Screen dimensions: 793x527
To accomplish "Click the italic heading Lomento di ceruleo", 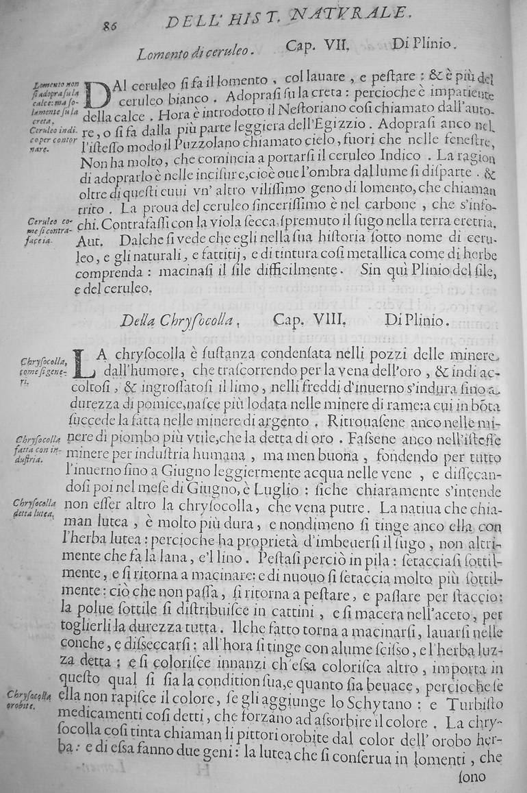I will pyautogui.click(x=195, y=51).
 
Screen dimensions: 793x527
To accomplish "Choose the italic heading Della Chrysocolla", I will pyautogui.click(x=179, y=319).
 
